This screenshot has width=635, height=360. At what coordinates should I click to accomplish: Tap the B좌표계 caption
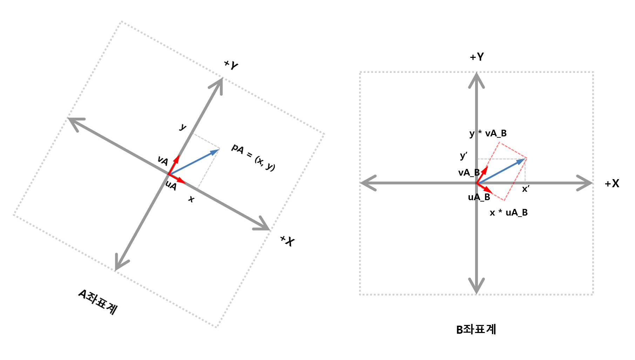(476, 330)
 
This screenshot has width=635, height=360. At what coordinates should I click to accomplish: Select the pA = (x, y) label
(253, 157)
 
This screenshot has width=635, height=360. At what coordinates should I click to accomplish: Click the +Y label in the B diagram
(477, 57)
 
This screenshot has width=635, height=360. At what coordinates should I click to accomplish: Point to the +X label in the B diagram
(612, 184)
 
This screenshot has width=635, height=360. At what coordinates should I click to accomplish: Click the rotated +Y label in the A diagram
(231, 65)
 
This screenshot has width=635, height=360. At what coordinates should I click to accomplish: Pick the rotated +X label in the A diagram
(287, 241)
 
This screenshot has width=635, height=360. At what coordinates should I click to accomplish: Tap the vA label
(163, 161)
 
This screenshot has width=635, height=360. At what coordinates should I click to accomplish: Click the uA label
(171, 185)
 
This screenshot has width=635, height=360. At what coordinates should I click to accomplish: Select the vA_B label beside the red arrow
(469, 172)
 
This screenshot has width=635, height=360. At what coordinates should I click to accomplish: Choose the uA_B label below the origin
(479, 197)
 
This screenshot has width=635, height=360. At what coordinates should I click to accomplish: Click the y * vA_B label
(488, 133)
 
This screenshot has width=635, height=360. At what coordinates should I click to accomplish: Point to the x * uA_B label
(508, 212)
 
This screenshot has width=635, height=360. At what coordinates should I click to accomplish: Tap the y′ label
(464, 156)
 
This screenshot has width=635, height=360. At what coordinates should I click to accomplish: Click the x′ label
(525, 189)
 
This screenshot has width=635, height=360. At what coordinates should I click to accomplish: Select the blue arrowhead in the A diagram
(215, 152)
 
